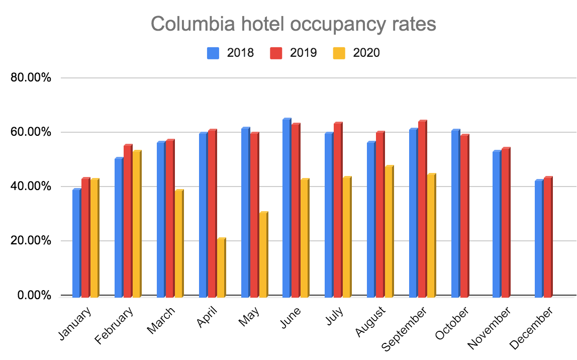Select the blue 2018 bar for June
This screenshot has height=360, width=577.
(x=286, y=207)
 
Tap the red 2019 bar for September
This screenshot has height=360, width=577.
(x=422, y=208)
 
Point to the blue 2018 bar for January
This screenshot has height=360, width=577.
(x=76, y=242)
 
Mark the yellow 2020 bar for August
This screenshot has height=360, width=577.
(x=389, y=231)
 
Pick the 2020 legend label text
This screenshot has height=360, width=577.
(x=366, y=53)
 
